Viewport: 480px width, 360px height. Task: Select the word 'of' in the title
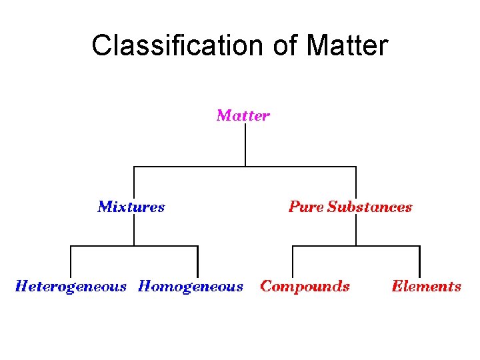(285, 45)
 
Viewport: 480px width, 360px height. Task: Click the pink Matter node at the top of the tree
(243, 115)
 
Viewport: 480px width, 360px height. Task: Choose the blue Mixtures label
(131, 207)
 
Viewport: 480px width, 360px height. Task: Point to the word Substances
(370, 207)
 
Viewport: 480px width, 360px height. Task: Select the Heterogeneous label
(71, 287)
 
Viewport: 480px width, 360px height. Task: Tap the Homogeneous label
(191, 287)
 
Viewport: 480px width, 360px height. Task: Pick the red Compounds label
(305, 287)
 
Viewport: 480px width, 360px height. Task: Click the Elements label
(427, 287)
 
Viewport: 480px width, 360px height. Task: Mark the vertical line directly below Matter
(245, 145)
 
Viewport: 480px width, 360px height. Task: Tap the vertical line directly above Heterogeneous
(71, 261)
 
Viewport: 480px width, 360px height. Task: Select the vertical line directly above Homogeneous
(198, 261)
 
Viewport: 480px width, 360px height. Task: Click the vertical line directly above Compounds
(293, 261)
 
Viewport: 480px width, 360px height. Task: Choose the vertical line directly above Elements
(420, 261)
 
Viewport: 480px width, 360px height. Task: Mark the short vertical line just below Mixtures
(135, 231)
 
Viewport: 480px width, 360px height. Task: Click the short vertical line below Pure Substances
(356, 231)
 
